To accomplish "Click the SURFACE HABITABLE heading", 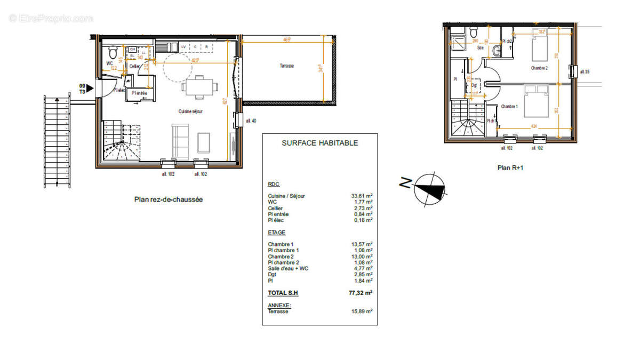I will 319,143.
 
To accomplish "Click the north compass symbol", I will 430,188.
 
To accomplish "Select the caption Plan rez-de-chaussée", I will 168,199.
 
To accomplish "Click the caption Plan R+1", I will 510,167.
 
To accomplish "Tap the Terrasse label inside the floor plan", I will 286,66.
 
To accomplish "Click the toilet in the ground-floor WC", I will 113,53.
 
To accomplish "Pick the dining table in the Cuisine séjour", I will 200,87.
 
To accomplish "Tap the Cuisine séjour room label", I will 190,111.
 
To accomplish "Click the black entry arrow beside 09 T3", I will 90,89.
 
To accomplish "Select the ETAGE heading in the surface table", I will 276,233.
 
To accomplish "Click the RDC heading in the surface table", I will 273,185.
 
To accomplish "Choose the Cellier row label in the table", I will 275,208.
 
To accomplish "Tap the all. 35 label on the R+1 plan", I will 585,71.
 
